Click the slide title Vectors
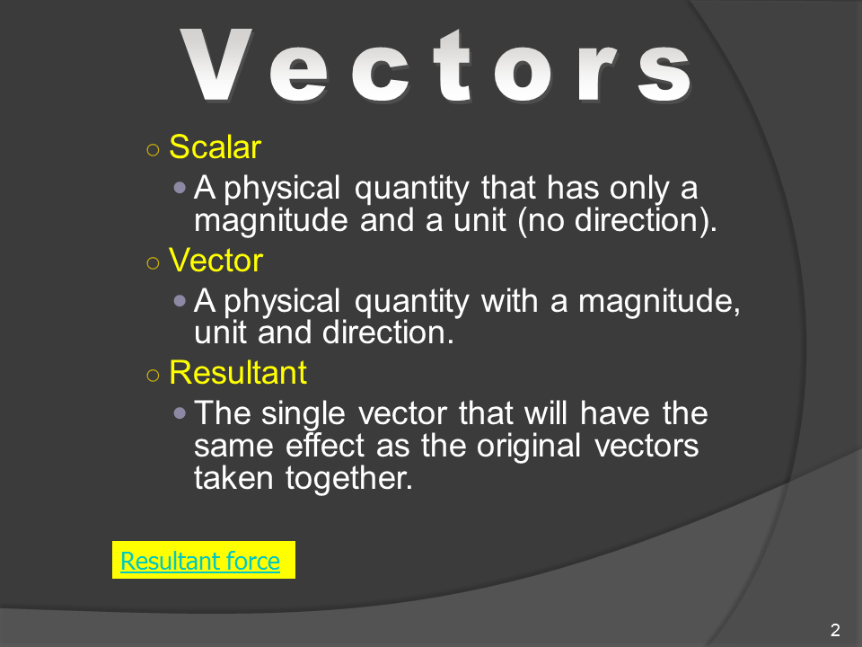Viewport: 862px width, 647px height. [x=435, y=66]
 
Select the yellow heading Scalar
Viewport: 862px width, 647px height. [x=215, y=146]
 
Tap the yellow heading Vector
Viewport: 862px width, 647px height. [x=216, y=261]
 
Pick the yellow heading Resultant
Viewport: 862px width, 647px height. [x=237, y=372]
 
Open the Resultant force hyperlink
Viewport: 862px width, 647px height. [x=200, y=561]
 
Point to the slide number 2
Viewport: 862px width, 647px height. [x=835, y=629]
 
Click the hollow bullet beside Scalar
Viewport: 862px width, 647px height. [x=153, y=150]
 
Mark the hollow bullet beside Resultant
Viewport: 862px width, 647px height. [x=153, y=376]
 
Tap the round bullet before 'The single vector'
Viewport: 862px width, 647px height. [x=180, y=412]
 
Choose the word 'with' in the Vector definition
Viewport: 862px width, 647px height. [x=510, y=301]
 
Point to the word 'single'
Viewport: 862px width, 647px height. [x=303, y=414]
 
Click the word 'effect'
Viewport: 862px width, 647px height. [x=325, y=445]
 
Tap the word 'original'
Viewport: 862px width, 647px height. [x=528, y=447]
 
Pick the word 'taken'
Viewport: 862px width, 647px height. [x=233, y=478]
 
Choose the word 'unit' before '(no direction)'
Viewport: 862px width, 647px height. [x=479, y=221]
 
